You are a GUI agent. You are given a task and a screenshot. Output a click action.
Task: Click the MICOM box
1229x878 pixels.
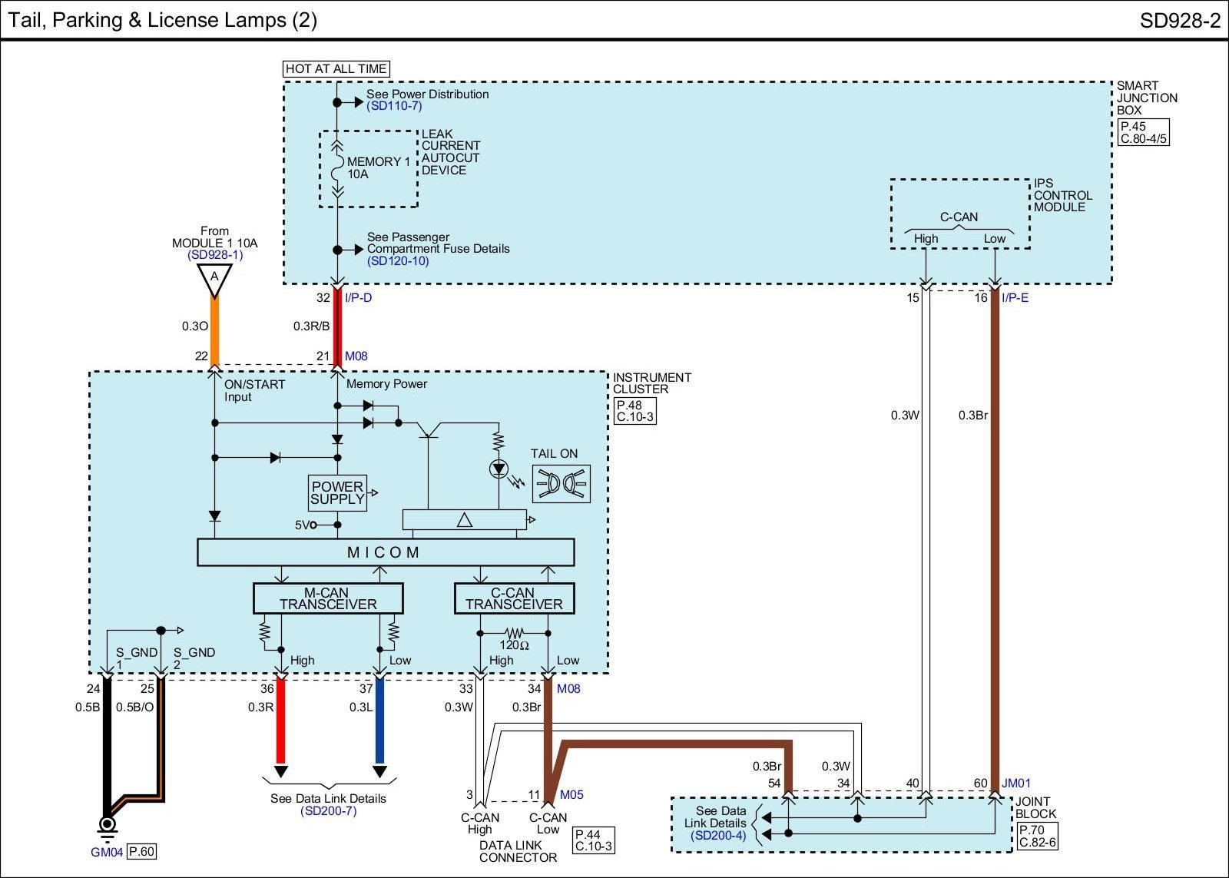click(385, 552)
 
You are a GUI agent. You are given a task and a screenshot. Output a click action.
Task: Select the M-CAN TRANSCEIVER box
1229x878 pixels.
click(328, 598)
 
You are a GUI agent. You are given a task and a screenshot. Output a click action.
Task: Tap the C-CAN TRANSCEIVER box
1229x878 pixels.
click(514, 598)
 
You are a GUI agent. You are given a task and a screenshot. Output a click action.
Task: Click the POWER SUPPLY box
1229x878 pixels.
click(337, 493)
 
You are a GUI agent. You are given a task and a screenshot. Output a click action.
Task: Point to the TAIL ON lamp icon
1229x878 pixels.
click(561, 484)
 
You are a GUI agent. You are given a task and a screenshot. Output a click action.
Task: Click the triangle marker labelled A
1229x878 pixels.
click(214, 280)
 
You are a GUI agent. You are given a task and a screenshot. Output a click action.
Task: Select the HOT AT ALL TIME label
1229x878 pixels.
click(336, 68)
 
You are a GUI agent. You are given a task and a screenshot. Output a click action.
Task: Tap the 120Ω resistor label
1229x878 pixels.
click(514, 645)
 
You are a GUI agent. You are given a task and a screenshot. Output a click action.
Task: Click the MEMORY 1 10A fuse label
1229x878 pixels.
click(379, 168)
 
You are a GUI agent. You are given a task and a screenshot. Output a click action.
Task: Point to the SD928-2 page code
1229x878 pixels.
click(1180, 21)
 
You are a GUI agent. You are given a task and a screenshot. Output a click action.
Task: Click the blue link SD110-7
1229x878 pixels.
click(395, 106)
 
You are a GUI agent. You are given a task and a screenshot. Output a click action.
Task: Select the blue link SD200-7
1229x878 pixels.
click(329, 811)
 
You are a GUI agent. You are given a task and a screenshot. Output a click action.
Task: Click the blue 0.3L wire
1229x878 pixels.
click(379, 721)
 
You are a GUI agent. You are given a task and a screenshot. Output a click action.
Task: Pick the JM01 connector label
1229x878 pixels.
click(1016, 783)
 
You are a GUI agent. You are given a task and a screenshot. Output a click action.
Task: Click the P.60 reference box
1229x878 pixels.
click(142, 852)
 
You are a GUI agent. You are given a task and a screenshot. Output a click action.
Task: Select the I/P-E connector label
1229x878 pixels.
click(1015, 298)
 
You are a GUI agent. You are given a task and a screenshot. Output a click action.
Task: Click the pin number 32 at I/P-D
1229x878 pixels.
click(323, 298)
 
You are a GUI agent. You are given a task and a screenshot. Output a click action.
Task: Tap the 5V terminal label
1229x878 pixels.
click(303, 525)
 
